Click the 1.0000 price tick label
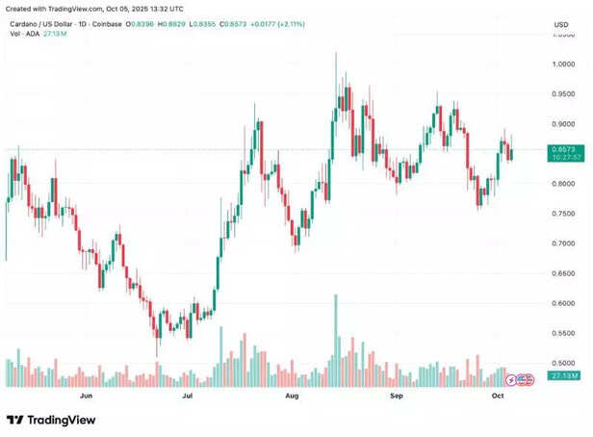564,64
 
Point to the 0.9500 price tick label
564,94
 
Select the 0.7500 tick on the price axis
564,214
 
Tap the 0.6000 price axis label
564,303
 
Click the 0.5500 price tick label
564,333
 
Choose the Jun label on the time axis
86,396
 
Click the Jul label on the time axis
188,396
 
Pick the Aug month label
292,396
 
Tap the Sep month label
395,396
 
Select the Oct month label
498,396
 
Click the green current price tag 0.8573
563,150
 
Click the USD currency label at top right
561,24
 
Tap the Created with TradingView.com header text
66,7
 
